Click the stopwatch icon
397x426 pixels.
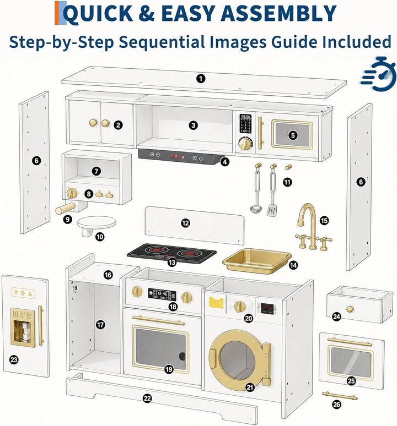pyautogui.click(x=379, y=74)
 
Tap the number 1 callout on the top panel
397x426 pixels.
pyautogui.click(x=201, y=79)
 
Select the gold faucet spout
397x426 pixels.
pyautogui.click(x=307, y=214)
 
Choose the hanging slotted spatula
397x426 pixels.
pyautogui.click(x=272, y=190)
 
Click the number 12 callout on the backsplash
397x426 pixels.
pyautogui.click(x=185, y=223)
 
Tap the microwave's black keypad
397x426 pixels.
pyautogui.click(x=245, y=123)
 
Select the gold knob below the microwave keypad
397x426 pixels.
pyautogui.click(x=245, y=144)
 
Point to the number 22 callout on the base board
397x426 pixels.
pyautogui.click(x=147, y=398)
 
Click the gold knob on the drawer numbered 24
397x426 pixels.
pyautogui.click(x=350, y=309)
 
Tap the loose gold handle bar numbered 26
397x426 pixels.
pyautogui.click(x=340, y=396)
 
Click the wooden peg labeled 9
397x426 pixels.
pyautogui.click(x=66, y=209)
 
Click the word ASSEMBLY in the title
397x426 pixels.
pyautogui.click(x=278, y=13)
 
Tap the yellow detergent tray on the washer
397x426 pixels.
pyautogui.click(x=216, y=302)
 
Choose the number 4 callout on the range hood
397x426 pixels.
pyautogui.click(x=224, y=162)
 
